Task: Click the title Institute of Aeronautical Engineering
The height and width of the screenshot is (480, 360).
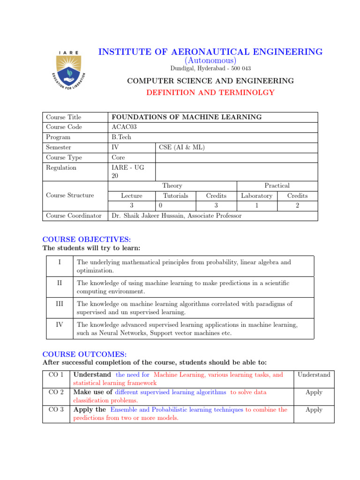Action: click(210, 52)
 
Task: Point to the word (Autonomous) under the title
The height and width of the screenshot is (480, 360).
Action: click(210, 61)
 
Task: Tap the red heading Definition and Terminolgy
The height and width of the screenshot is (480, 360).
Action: click(210, 93)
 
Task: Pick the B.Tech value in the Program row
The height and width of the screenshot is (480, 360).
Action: click(121, 137)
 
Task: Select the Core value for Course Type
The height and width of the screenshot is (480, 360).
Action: click(119, 157)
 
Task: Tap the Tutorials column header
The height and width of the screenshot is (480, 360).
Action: click(175, 195)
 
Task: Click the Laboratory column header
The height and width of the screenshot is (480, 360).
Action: click(256, 195)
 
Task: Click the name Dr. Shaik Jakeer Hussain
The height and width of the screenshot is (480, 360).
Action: click(150, 216)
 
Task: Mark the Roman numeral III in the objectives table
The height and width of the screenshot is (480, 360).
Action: click(59, 304)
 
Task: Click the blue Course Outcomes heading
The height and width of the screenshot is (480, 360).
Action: click(85, 354)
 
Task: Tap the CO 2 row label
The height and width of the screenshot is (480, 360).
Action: click(56, 392)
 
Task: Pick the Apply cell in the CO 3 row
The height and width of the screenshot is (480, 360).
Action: click(314, 410)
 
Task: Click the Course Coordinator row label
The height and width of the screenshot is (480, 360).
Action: click(74, 216)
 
